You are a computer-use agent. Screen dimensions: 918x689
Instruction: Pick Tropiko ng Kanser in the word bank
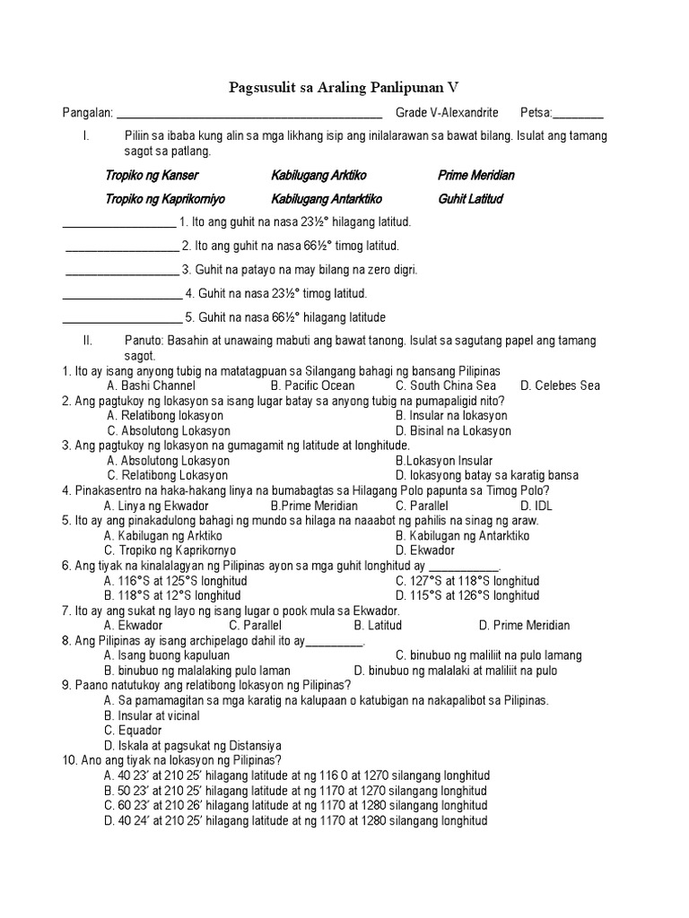152,176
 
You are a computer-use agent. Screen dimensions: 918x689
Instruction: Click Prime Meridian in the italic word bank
475,176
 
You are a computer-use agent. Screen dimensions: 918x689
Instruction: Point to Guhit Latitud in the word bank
470,198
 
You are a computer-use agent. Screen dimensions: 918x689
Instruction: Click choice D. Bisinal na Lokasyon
453,431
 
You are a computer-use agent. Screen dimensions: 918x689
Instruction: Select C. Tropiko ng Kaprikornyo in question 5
170,550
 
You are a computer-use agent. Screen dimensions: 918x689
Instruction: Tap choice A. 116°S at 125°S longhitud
176,581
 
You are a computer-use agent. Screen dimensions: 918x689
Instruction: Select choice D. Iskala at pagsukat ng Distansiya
193,745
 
